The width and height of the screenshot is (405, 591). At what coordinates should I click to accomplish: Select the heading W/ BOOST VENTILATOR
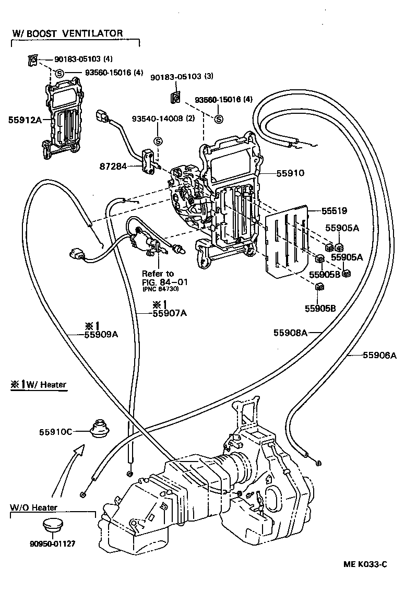[x=68, y=33]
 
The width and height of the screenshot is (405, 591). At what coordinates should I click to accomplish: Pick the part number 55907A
[x=169, y=313]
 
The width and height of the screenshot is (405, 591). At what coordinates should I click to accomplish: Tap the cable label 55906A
[x=380, y=356]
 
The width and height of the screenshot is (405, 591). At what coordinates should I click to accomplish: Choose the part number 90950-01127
[x=52, y=543]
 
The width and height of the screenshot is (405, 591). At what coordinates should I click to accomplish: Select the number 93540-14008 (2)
[x=170, y=119]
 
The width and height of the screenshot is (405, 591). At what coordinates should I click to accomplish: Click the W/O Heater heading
[x=33, y=507]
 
